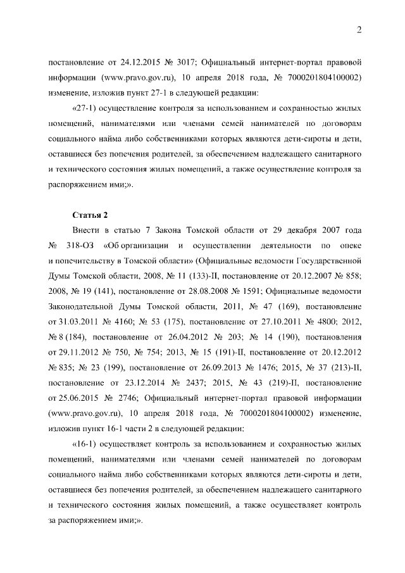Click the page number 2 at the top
tap(358, 30)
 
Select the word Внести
tap(87, 230)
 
